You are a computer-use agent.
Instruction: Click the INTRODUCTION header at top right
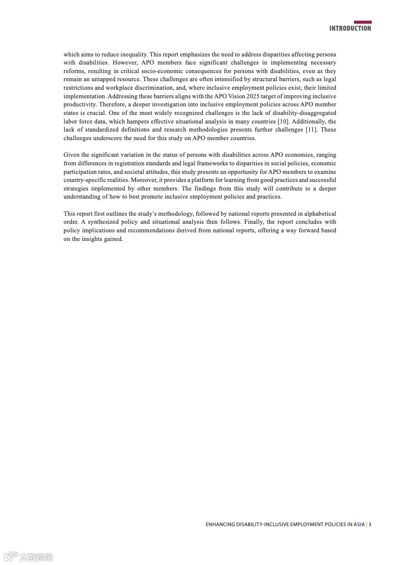(350, 29)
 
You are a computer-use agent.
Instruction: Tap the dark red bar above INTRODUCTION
(363, 22)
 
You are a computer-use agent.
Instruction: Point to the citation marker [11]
(311, 130)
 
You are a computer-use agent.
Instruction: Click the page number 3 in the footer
(370, 524)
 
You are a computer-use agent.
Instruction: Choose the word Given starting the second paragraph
(72, 155)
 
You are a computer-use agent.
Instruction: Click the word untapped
(99, 79)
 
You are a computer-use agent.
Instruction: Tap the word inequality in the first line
(133, 54)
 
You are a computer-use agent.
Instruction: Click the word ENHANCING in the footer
(219, 524)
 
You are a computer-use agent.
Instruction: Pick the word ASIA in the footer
(359, 524)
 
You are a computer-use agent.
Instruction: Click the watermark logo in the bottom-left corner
(28, 557)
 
